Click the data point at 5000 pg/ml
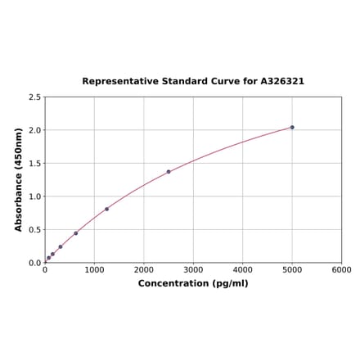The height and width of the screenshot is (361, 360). (292, 127)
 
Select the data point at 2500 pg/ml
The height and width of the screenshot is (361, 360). (169, 172)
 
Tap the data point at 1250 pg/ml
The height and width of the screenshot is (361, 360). (106, 209)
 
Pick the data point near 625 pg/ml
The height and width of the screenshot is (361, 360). (76, 233)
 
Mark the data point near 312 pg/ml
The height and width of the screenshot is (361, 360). (61, 246)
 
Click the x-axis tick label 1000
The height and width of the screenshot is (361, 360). (94, 269)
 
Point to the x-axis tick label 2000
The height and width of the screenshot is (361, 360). (144, 269)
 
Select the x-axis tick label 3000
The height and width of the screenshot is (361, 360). (193, 269)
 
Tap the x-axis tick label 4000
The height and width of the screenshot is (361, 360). (243, 269)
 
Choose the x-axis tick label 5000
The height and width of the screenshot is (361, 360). (292, 269)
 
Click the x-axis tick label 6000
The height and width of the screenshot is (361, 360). (341, 269)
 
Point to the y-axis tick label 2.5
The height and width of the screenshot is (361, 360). (35, 97)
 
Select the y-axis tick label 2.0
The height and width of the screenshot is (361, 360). (35, 130)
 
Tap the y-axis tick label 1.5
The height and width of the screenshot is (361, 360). (35, 164)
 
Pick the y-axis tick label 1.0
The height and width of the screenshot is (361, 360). (35, 196)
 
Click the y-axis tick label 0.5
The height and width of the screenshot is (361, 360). (35, 230)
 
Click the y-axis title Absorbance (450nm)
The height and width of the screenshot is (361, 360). (19, 179)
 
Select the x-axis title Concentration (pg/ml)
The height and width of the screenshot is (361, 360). (193, 283)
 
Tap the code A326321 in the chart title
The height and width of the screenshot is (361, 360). (282, 82)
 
